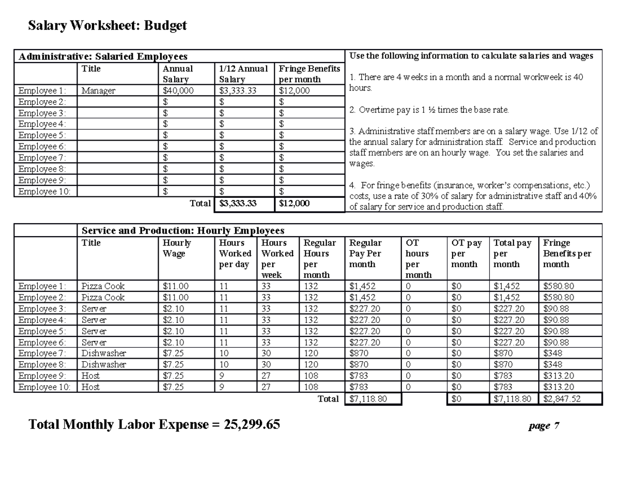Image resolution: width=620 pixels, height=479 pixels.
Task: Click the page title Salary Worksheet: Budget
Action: pyautogui.click(x=107, y=25)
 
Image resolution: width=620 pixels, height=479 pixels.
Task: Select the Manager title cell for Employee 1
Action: pyautogui.click(x=98, y=91)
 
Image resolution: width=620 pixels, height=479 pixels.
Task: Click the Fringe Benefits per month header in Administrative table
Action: pyautogui.click(x=309, y=74)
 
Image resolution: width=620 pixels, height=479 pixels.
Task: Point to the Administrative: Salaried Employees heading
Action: pyautogui.click(x=103, y=56)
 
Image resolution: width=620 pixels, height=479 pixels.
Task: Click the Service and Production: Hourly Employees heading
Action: pyautogui.click(x=183, y=230)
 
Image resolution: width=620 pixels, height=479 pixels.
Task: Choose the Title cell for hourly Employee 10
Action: pyautogui.click(x=91, y=387)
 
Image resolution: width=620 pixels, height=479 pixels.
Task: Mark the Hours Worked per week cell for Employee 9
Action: pyautogui.click(x=266, y=376)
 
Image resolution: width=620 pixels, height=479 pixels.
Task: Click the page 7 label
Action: pyautogui.click(x=543, y=426)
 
